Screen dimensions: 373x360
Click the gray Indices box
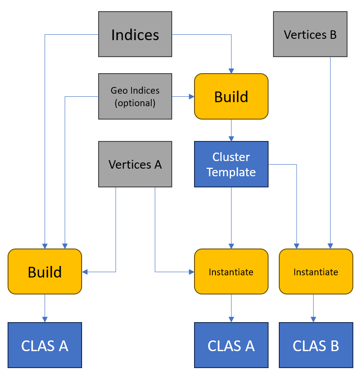pos(135,34)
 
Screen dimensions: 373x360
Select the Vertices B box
pos(310,34)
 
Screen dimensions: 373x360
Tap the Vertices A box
pos(135,164)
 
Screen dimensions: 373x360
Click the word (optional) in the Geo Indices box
pos(135,103)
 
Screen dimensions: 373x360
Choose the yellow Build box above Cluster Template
pos(231,96)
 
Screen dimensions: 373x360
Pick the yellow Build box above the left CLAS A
pos(45,271)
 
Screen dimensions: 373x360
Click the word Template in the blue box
pos(231,172)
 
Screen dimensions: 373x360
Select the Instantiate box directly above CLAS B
pos(316,271)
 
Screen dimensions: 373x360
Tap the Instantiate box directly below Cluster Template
pos(231,271)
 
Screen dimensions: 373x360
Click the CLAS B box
pos(316,345)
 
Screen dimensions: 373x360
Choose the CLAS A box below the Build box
pos(45,345)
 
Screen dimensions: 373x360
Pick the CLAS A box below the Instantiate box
pos(231,345)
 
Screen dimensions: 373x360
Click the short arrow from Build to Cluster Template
pos(231,130)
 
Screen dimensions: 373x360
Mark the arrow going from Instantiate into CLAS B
pos(313,308)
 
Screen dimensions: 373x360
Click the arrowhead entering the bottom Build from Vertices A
pos(85,272)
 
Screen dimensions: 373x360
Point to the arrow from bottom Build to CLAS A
pos(45,308)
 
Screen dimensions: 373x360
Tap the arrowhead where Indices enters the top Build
pos(231,70)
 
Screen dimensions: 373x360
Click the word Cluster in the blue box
pos(231,157)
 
